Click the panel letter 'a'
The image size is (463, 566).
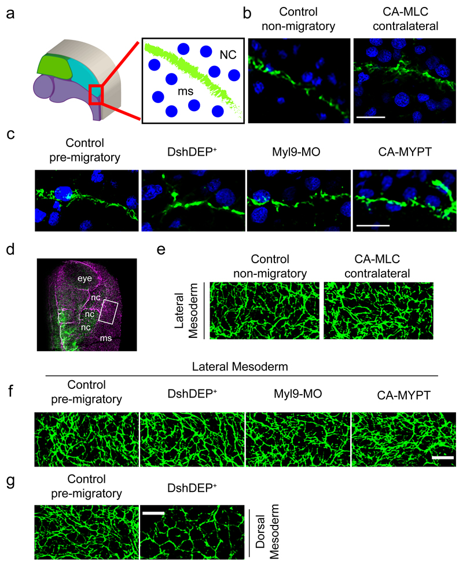click(x=10, y=14)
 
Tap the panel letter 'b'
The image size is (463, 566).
click(x=247, y=13)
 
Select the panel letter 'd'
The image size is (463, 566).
click(x=10, y=249)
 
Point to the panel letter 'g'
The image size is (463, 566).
click(x=11, y=481)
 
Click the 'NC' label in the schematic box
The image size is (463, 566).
click(x=228, y=55)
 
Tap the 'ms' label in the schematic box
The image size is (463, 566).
click(x=185, y=91)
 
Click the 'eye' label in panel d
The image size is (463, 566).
click(x=85, y=278)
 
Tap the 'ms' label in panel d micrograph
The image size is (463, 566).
click(x=106, y=338)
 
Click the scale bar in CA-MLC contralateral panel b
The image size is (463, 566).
click(x=370, y=117)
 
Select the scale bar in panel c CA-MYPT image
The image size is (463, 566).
click(x=373, y=226)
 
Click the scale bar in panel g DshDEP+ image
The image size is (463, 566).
click(x=153, y=513)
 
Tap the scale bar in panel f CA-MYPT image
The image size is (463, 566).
click(x=442, y=458)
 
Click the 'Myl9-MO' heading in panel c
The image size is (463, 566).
click(x=296, y=152)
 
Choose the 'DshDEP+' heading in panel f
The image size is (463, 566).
click(x=192, y=393)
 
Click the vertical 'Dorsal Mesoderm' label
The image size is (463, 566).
click(x=267, y=531)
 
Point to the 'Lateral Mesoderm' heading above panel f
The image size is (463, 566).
click(x=240, y=367)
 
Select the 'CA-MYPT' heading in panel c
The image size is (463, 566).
click(x=405, y=152)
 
